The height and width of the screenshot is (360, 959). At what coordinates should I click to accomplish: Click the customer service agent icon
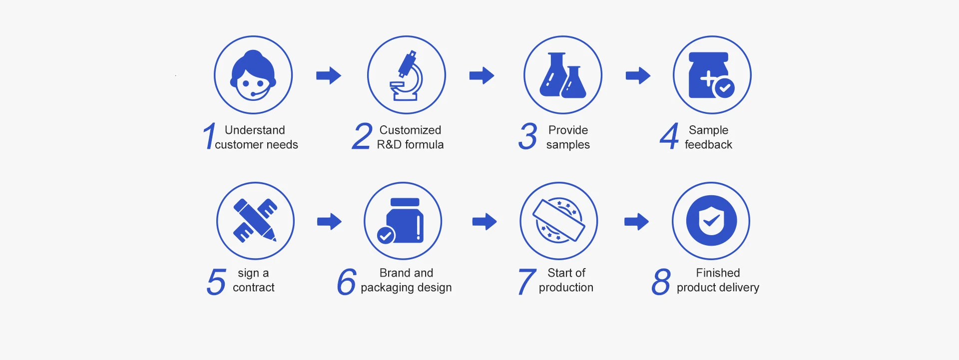point(253,75)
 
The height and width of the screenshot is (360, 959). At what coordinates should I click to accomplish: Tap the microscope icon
point(407,75)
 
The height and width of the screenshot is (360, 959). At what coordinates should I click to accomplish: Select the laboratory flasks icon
point(563,75)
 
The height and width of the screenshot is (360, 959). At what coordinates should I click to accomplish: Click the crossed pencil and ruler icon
point(255,221)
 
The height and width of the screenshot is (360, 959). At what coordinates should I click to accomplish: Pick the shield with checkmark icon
point(711,221)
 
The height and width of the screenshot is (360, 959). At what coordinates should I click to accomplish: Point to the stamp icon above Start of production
point(559,221)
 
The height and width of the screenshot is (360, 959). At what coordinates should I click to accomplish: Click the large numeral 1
point(209,136)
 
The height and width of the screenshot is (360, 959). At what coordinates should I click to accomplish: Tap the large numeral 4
point(669,136)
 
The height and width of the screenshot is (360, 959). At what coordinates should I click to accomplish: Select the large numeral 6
point(347,282)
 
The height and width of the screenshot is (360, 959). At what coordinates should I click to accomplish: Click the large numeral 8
point(661,282)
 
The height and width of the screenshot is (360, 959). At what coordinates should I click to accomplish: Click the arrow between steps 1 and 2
point(329,76)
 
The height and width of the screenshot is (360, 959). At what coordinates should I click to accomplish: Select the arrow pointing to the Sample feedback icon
point(638,76)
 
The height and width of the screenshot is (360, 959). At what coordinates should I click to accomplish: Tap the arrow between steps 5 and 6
point(329,221)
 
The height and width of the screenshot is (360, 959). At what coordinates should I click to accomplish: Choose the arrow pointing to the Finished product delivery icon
point(636,221)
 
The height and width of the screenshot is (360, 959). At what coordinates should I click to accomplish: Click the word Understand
point(255,130)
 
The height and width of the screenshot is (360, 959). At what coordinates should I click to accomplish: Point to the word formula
point(424,145)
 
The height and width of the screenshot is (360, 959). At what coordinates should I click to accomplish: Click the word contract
point(254,288)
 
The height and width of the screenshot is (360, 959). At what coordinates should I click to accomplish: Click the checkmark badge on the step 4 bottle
point(724,88)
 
